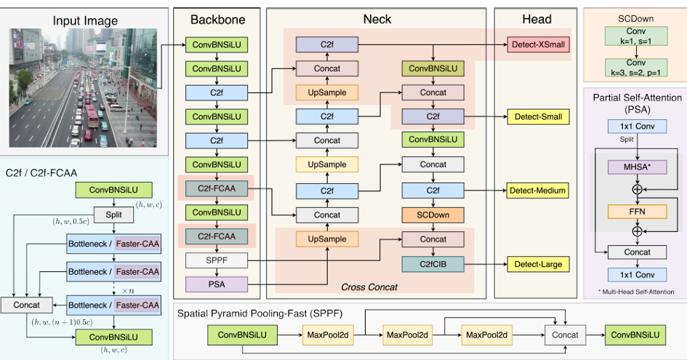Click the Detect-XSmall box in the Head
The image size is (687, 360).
[539, 44]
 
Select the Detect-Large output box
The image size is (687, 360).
[538, 265]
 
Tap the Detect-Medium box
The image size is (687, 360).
[538, 191]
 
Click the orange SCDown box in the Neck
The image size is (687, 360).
[433, 215]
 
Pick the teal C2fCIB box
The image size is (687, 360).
[433, 265]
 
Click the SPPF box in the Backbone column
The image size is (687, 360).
[217, 260]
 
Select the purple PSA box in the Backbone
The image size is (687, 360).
[217, 284]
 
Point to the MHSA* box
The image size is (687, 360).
[637, 167]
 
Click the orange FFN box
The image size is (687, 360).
[637, 212]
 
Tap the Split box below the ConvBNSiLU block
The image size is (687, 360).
[114, 215]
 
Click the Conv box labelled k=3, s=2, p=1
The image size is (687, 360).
[636, 68]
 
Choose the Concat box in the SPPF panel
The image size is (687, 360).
[565, 335]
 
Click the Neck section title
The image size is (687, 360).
[377, 20]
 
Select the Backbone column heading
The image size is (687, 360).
[218, 20]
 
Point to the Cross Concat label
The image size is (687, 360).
[369, 287]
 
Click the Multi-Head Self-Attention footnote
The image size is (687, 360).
[636, 292]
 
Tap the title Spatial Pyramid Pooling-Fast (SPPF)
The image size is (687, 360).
[260, 314]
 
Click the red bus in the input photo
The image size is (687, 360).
[92, 116]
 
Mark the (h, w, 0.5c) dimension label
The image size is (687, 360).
[71, 221]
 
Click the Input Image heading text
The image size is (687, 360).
[85, 21]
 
